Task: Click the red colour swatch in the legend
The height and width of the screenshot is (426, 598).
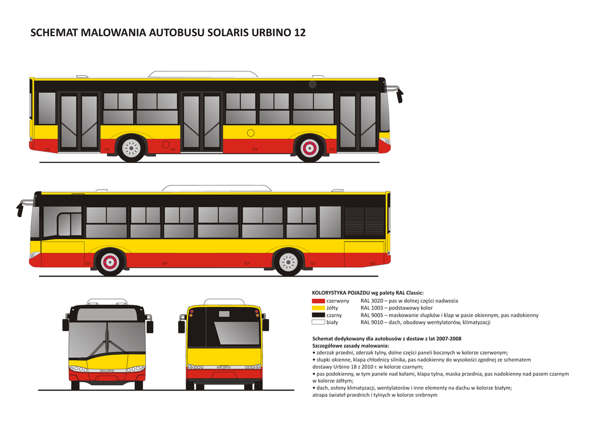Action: click(x=318, y=301)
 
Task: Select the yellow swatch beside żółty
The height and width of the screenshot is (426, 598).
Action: click(x=318, y=308)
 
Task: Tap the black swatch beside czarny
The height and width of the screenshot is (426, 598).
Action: click(x=318, y=315)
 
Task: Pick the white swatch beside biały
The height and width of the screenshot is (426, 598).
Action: click(x=318, y=322)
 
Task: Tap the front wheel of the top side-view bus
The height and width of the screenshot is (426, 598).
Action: click(x=310, y=148)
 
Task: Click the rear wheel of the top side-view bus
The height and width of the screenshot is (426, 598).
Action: click(x=131, y=148)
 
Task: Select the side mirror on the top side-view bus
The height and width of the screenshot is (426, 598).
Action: click(x=399, y=95)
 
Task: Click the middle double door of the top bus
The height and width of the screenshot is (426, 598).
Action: click(x=201, y=121)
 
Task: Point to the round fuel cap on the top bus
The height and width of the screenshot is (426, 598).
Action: click(x=251, y=133)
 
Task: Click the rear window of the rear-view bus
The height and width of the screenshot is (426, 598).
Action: click(x=236, y=333)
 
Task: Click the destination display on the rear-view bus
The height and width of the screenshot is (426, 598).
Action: click(x=224, y=314)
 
